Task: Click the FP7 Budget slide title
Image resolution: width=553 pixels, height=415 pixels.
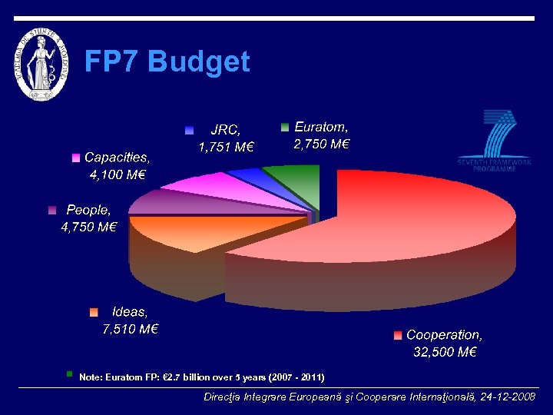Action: click(167, 61)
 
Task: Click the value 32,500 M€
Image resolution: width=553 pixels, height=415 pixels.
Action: click(445, 353)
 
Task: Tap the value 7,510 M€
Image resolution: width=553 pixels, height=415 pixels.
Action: click(131, 330)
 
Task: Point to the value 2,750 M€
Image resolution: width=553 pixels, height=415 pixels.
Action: click(322, 144)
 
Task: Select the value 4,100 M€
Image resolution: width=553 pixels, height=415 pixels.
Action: click(118, 174)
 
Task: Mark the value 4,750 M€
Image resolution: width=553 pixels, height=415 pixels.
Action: click(88, 227)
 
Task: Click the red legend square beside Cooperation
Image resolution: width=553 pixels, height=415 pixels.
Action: click(397, 335)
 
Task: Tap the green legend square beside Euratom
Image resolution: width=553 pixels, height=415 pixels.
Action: click(284, 127)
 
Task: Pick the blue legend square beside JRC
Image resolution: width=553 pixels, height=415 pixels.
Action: click(189, 131)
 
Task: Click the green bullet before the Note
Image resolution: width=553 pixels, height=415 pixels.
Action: click(69, 374)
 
